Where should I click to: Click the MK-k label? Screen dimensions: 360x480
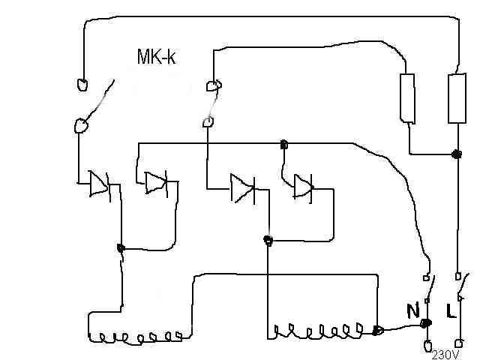pyautogui.click(x=156, y=56)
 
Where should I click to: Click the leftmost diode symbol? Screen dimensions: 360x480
pyautogui.click(x=97, y=183)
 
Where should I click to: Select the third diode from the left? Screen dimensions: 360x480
pyautogui.click(x=242, y=187)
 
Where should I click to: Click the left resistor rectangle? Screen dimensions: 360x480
pyautogui.click(x=408, y=97)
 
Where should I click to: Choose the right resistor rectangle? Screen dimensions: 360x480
pyautogui.click(x=456, y=97)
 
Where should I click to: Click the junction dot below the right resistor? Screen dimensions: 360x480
pyautogui.click(x=456, y=154)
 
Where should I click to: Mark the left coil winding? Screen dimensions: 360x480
pyautogui.click(x=135, y=337)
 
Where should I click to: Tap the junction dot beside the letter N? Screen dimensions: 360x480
pyautogui.click(x=425, y=324)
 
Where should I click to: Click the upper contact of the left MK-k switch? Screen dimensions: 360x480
pyautogui.click(x=82, y=84)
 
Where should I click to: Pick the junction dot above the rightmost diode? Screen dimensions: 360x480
pyautogui.click(x=283, y=144)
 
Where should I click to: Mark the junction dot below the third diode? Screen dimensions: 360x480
pyautogui.click(x=267, y=240)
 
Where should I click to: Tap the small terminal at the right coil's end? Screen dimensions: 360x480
pyautogui.click(x=379, y=329)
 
